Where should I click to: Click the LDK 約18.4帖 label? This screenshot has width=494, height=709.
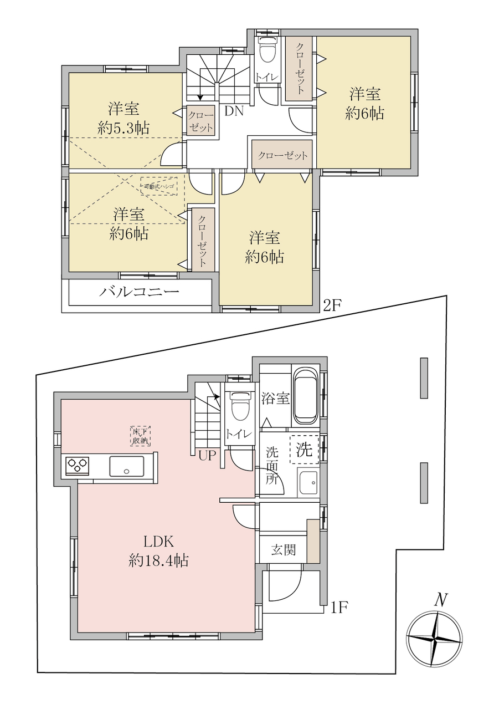click(x=158, y=551)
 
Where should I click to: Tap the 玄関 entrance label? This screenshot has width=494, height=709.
click(x=284, y=550)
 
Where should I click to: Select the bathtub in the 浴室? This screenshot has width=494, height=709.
click(x=306, y=396)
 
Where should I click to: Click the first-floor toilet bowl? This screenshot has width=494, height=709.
click(x=239, y=406)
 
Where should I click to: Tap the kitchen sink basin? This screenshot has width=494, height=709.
click(x=126, y=466)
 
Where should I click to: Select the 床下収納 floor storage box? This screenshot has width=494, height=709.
click(x=140, y=436)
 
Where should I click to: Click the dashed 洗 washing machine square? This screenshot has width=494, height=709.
click(x=304, y=450)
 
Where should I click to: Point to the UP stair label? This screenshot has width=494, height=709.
click(x=207, y=456)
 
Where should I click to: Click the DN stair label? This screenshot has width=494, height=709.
click(x=234, y=111)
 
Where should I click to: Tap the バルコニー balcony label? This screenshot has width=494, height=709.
click(x=139, y=292)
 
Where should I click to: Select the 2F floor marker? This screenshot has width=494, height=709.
click(x=331, y=305)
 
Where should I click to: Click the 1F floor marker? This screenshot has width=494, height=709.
click(x=339, y=608)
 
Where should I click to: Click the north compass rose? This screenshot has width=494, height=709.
click(x=435, y=639)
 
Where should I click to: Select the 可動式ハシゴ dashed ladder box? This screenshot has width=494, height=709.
click(x=159, y=186)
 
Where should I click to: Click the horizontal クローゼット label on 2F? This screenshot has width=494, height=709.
click(x=282, y=155)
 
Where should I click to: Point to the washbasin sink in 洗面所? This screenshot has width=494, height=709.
click(x=308, y=483)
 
